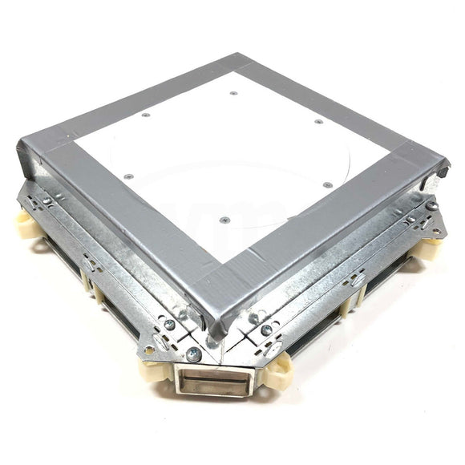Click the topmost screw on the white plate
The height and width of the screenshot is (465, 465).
coord(233,93)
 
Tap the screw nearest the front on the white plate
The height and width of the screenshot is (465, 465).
coord(224,219)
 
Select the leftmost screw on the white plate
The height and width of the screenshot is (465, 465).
coord(146,115)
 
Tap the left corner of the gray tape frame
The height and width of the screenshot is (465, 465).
coord(36,148)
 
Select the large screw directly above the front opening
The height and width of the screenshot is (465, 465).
coord(193,354)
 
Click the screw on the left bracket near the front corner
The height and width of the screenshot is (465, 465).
coord(169,324)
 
